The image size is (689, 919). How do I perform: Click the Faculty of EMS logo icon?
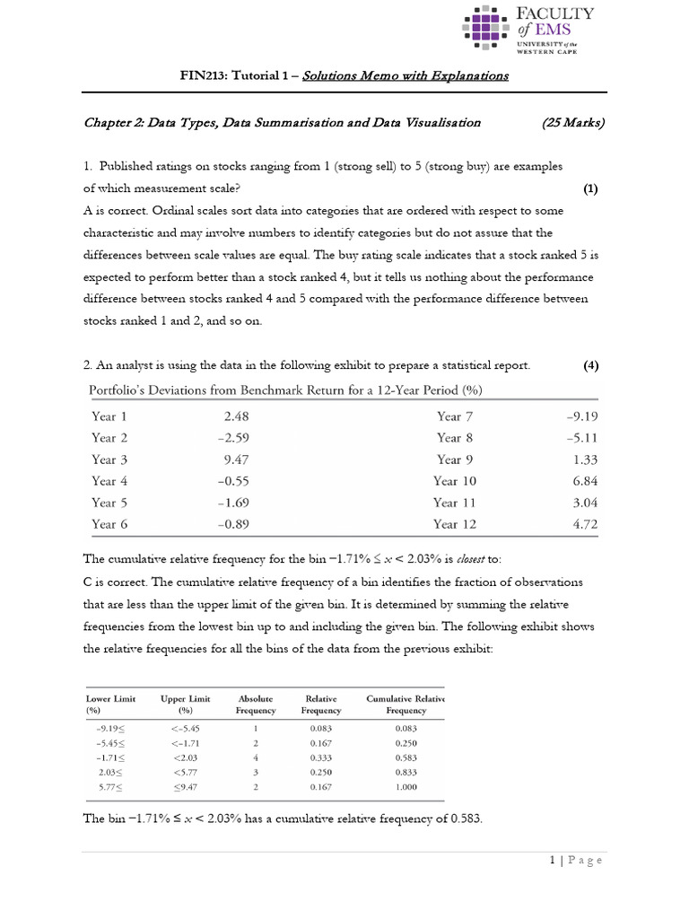tap(488, 28)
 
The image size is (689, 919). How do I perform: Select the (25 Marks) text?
tap(573, 123)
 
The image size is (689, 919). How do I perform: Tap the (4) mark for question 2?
tap(590, 365)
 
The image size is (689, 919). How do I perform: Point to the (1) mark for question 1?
tap(590, 188)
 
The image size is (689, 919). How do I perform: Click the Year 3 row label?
tap(109, 459)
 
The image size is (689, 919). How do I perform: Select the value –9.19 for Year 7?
tap(581, 416)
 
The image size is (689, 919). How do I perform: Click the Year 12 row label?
tap(458, 524)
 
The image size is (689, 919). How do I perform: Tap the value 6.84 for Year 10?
tap(583, 481)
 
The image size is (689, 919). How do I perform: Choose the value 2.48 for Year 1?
tap(235, 416)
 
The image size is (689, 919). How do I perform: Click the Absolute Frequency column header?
tap(256, 705)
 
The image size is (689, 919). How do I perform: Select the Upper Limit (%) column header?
tap(186, 705)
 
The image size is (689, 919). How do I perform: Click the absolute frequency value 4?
tap(256, 757)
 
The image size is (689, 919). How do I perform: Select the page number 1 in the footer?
tap(554, 861)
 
